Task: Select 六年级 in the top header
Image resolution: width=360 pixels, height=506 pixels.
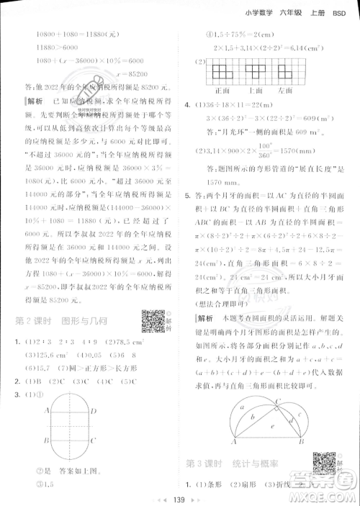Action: coord(286,9)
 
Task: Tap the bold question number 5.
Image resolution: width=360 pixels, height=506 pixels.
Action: coord(188,194)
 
